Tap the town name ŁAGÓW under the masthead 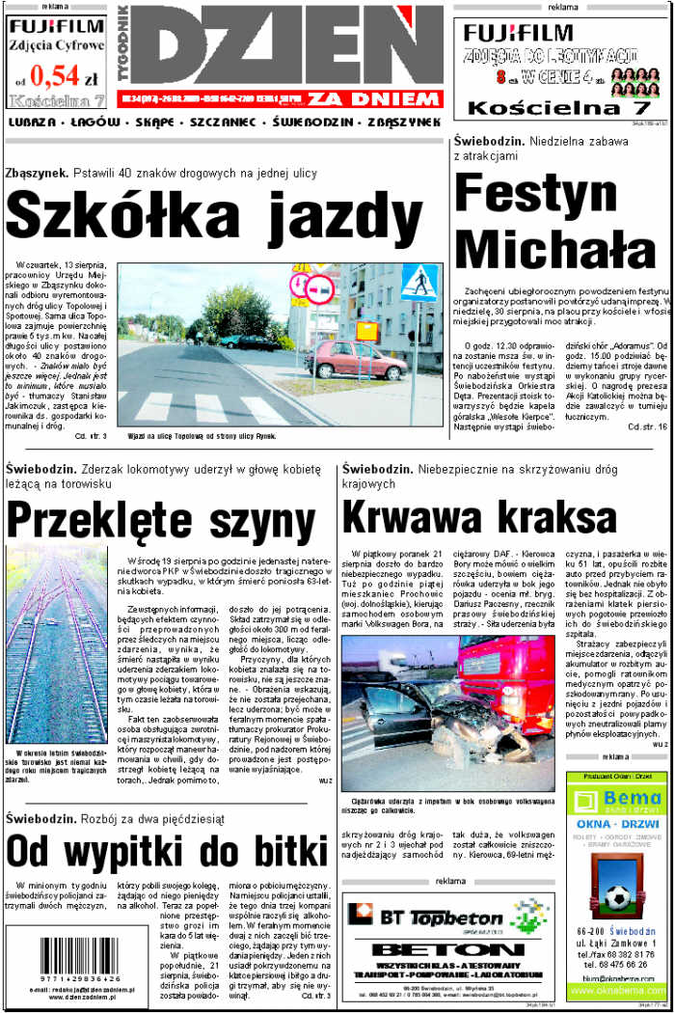click(94, 123)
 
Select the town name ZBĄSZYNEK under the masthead click(395, 123)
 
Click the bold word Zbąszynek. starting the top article click(36, 173)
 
